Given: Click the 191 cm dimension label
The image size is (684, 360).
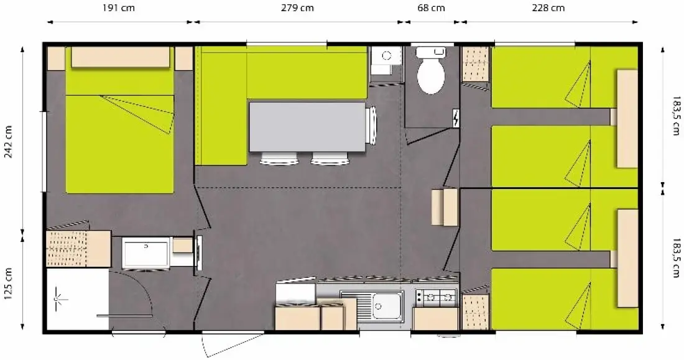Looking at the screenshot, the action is tap(118, 8).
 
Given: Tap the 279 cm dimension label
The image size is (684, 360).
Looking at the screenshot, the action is tap(297, 8).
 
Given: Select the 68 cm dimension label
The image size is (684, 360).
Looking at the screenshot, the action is tap(431, 8).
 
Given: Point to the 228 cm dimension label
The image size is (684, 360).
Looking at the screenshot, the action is tap(548, 8).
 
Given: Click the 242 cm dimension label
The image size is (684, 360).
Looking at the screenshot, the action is tap(8, 142).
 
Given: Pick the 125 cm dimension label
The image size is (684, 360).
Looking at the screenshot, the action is tap(8, 284).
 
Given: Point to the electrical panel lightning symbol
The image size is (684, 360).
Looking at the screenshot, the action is tap(456, 118).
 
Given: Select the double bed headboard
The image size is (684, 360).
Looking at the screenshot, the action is tap(121, 57).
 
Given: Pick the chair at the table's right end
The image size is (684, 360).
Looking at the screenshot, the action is tap(371, 125).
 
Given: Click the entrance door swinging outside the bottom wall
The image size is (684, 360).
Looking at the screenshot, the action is tap(232, 344).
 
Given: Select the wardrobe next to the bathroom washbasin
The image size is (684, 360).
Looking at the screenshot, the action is tap(78, 249).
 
